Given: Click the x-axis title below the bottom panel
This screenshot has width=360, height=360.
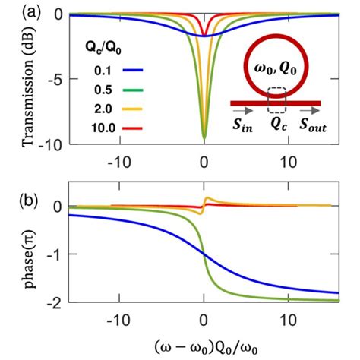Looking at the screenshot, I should pyautogui.click(x=204, y=345).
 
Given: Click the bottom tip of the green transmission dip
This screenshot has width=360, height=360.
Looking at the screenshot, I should pyautogui.click(x=204, y=138).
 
